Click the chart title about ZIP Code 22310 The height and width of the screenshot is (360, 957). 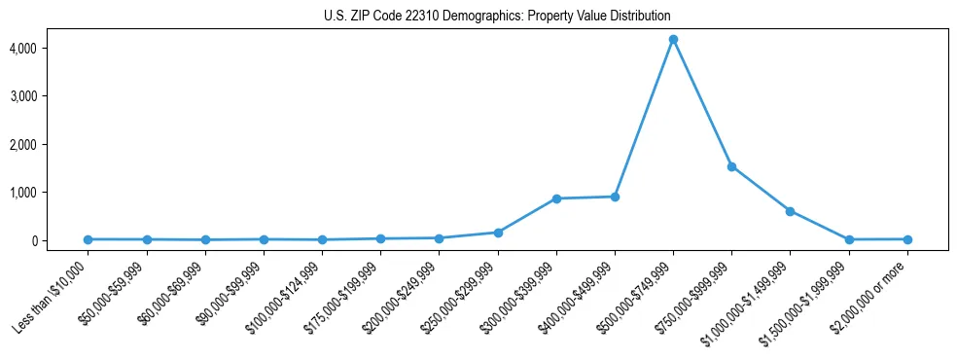coord(497,17)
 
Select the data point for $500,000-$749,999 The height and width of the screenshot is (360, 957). coord(673,40)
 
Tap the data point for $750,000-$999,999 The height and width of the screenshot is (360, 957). coord(731,166)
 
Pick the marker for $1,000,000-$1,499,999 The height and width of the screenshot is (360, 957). coord(790,211)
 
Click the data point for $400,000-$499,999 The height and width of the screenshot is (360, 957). coord(615,197)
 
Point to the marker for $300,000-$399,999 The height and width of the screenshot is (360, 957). coord(556,198)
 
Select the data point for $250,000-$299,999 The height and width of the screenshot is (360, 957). coord(498,233)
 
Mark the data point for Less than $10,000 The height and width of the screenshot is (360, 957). coord(88,239)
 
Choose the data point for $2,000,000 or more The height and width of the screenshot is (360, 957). coord(907,239)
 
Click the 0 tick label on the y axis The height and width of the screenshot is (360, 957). coord(60,240)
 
